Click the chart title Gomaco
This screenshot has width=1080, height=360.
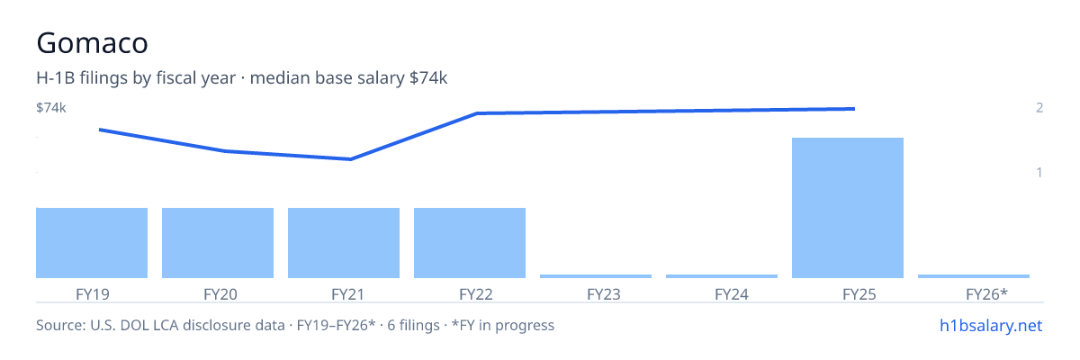[x=92, y=43]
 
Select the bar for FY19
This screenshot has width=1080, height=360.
[x=92, y=243]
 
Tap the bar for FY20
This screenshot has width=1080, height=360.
[x=218, y=243]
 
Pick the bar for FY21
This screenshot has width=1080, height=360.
[x=344, y=243]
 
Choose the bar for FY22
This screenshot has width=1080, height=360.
[x=470, y=243]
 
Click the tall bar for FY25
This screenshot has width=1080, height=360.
[x=848, y=208]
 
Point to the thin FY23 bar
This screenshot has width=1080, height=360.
[x=596, y=276]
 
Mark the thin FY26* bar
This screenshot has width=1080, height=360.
[x=974, y=276]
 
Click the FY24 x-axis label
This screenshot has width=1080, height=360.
[x=732, y=294]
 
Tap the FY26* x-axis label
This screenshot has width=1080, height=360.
[x=987, y=294]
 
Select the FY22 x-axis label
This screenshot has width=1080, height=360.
[x=476, y=294]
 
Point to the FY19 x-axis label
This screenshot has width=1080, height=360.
[x=93, y=294]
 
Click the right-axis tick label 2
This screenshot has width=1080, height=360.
[x=1039, y=107]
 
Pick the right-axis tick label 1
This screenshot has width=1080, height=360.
[x=1039, y=172]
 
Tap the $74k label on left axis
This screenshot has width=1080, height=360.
[x=51, y=107]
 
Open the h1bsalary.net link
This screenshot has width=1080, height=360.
[x=991, y=325]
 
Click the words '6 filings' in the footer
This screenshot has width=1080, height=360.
[x=413, y=325]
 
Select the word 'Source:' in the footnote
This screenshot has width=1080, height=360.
[x=61, y=325]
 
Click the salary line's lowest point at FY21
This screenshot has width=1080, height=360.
[x=350, y=159]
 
